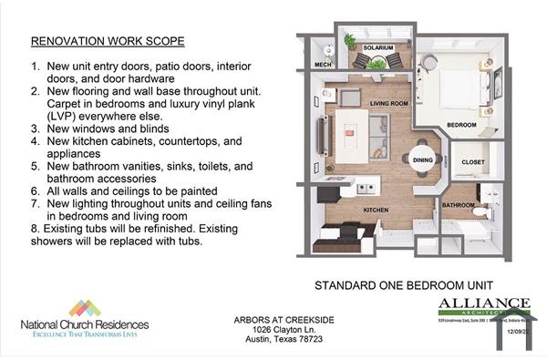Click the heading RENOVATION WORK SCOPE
click(x=108, y=41)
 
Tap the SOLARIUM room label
click(x=377, y=47)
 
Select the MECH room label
click(x=323, y=65)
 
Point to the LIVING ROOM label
click(x=387, y=104)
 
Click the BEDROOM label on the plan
click(x=462, y=123)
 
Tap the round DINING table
click(x=423, y=159)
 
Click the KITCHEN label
click(x=376, y=209)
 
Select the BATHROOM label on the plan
click(x=459, y=205)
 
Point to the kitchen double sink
click(x=366, y=189)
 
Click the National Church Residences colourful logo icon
click(x=85, y=308)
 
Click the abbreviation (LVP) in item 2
click(x=47, y=116)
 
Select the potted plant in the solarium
click(x=350, y=41)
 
